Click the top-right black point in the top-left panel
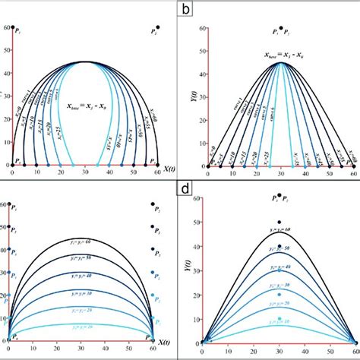coord(155,28)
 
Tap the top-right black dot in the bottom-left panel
coord(155,205)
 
